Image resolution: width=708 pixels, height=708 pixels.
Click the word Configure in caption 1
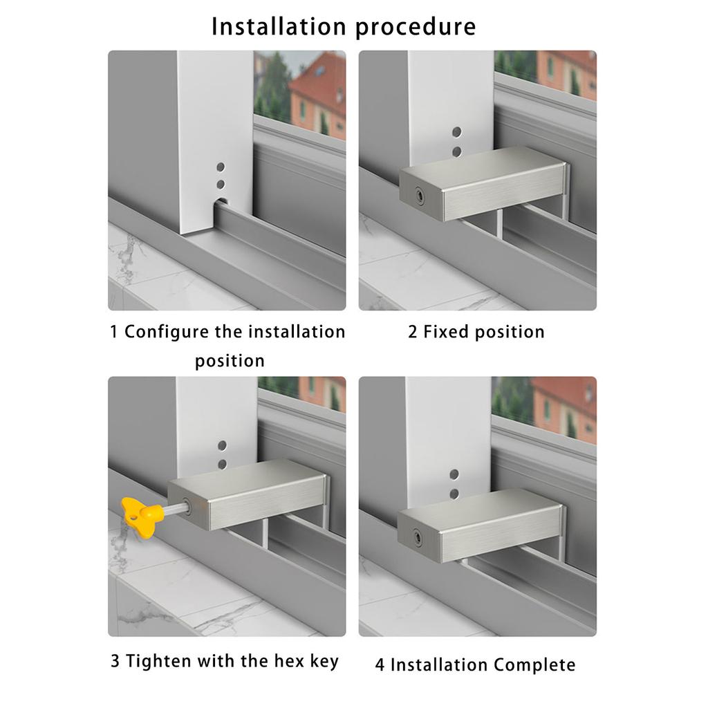pyautogui.click(x=166, y=332)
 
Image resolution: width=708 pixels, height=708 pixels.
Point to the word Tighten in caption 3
pyautogui.click(x=159, y=661)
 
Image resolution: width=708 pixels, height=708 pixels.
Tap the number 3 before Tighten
pyautogui.click(x=115, y=661)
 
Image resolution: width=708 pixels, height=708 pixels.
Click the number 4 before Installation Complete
pyautogui.click(x=380, y=665)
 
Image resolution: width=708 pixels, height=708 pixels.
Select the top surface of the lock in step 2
pyautogui.click(x=484, y=165)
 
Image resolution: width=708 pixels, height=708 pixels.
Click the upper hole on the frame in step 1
pyautogui.click(x=221, y=168)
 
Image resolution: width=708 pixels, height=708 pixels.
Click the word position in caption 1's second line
pyautogui.click(x=230, y=361)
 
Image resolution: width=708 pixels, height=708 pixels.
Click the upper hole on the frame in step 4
pyautogui.click(x=454, y=474)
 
